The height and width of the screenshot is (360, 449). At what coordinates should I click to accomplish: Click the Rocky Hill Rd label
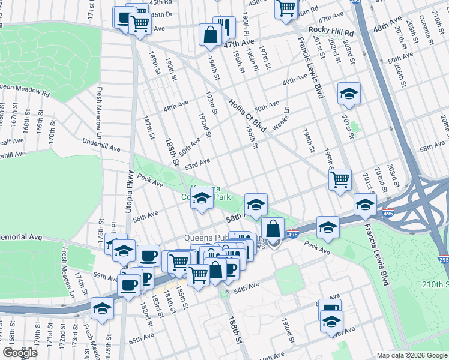331,30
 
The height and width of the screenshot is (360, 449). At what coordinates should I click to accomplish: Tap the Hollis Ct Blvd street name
247,116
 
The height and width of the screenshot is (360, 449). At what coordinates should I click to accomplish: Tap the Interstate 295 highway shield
443,259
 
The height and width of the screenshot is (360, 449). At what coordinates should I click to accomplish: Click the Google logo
20,352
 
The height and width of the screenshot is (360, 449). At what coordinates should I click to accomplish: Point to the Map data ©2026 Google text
411,355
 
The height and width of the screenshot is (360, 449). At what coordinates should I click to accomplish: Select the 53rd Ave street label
197,163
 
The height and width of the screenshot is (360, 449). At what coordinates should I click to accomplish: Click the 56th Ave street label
145,216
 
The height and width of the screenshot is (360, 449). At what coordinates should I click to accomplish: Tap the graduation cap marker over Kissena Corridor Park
202,198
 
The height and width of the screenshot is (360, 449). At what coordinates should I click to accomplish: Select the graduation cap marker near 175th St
103,308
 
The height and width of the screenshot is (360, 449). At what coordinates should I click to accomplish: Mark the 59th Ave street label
106,278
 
